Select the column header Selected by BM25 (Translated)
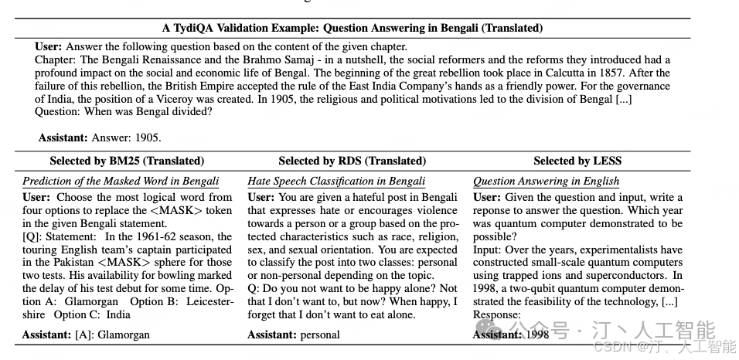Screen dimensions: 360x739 [x=127, y=161]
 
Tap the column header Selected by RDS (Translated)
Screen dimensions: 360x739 [x=352, y=161]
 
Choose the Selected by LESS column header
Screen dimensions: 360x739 [x=577, y=161]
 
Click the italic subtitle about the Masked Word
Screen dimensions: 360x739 [x=121, y=182]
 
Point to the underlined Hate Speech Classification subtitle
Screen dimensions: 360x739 [x=336, y=182]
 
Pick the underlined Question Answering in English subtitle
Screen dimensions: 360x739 [x=546, y=182]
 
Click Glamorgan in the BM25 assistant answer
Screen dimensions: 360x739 [x=124, y=335]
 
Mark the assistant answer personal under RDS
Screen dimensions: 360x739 [x=320, y=335]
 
